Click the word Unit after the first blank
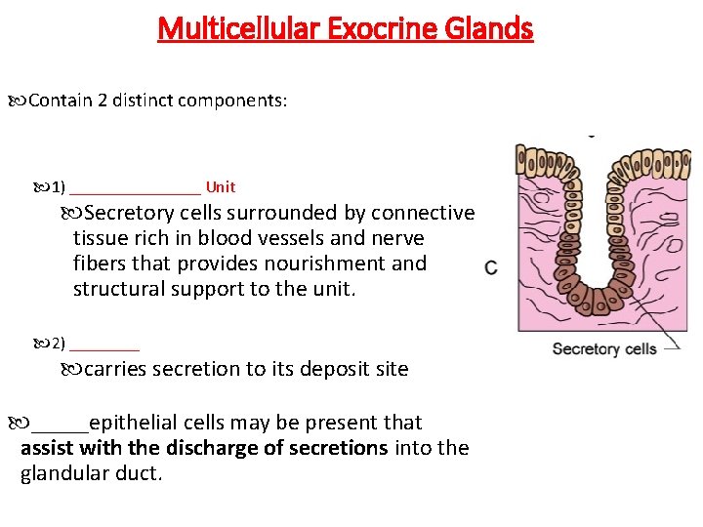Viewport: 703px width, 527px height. tap(220, 186)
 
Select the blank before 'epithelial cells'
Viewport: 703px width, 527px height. tap(60, 429)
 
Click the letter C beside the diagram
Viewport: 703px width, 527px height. tap(491, 267)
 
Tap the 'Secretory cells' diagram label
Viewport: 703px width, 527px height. tap(604, 348)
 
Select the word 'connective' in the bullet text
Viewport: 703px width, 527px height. tap(426, 213)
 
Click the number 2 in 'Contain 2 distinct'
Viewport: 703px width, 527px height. tap(103, 101)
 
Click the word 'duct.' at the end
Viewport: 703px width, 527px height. tap(140, 474)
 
